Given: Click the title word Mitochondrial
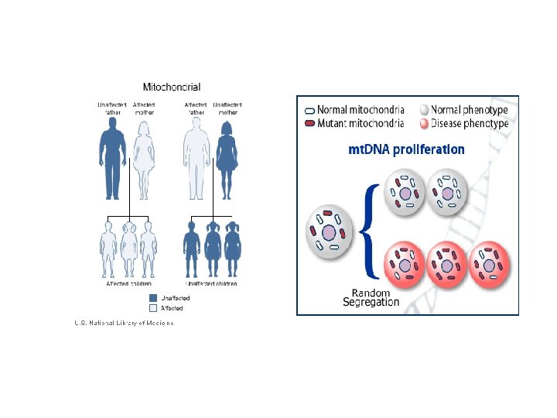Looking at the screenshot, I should tap(172, 87).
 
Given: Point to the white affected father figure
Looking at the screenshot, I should tap(196, 159).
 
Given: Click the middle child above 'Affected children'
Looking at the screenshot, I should tap(129, 249).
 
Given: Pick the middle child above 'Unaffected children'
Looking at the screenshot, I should tap(213, 249).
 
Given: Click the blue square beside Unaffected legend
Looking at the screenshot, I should tap(153, 298).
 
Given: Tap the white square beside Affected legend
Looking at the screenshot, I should tap(153, 308).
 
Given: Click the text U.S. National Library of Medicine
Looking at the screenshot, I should tap(124, 323).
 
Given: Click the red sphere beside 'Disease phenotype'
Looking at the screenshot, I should tap(423, 122).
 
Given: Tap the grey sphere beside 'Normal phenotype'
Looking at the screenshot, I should tap(423, 110).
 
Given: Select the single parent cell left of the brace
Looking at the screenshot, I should tap(330, 231).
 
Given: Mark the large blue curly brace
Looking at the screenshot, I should tap(370, 230).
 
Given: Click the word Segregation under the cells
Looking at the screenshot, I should tap(371, 303).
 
